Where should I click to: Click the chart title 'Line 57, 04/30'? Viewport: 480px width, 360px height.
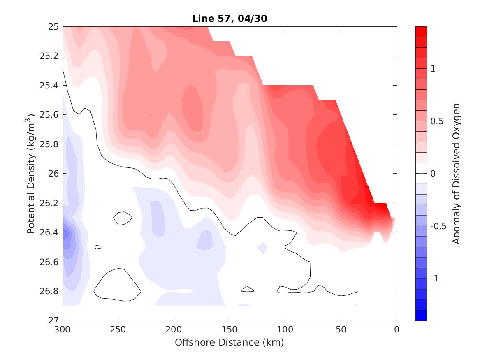tap(229, 19)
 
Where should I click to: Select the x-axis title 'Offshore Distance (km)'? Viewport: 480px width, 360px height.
tap(229, 342)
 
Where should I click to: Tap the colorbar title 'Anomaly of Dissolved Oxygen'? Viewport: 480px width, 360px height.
tap(456, 173)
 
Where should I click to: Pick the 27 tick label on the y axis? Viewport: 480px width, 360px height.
tap(54, 320)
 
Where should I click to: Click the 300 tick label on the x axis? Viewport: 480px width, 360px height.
tap(63, 330)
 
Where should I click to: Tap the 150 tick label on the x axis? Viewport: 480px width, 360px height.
tap(230, 330)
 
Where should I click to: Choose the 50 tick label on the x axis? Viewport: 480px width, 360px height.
tap(341, 330)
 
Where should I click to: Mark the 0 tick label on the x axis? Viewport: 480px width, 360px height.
tap(397, 330)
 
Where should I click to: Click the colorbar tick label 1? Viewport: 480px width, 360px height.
tap(433, 69)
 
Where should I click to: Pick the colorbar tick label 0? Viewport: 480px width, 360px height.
tap(433, 174)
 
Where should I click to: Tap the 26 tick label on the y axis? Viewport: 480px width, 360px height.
tap(54, 173)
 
